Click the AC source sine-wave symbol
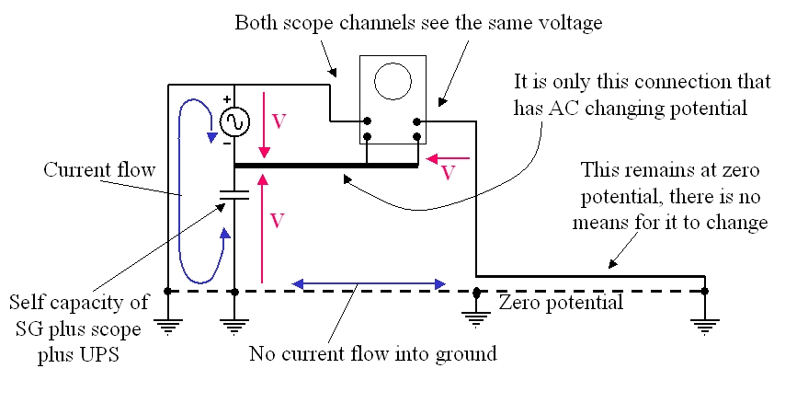pyautogui.click(x=234, y=121)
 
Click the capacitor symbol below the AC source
pyautogui.click(x=234, y=195)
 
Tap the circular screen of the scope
pyautogui.click(x=393, y=82)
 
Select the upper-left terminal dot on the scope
pyautogui.click(x=367, y=121)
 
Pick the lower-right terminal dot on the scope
pyautogui.click(x=417, y=137)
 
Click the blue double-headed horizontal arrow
pyautogui.click(x=369, y=283)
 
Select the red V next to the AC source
pyautogui.click(x=279, y=121)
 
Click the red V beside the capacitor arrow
pyautogui.click(x=278, y=221)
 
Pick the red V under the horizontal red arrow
pyautogui.click(x=448, y=173)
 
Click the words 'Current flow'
pyautogui.click(x=99, y=170)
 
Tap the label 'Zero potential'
pyautogui.click(x=561, y=302)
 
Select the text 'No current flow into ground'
pyautogui.click(x=373, y=354)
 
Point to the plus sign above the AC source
pyautogui.click(x=226, y=99)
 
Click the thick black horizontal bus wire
pyautogui.click(x=325, y=166)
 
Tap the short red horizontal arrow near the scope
pyautogui.click(x=449, y=158)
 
